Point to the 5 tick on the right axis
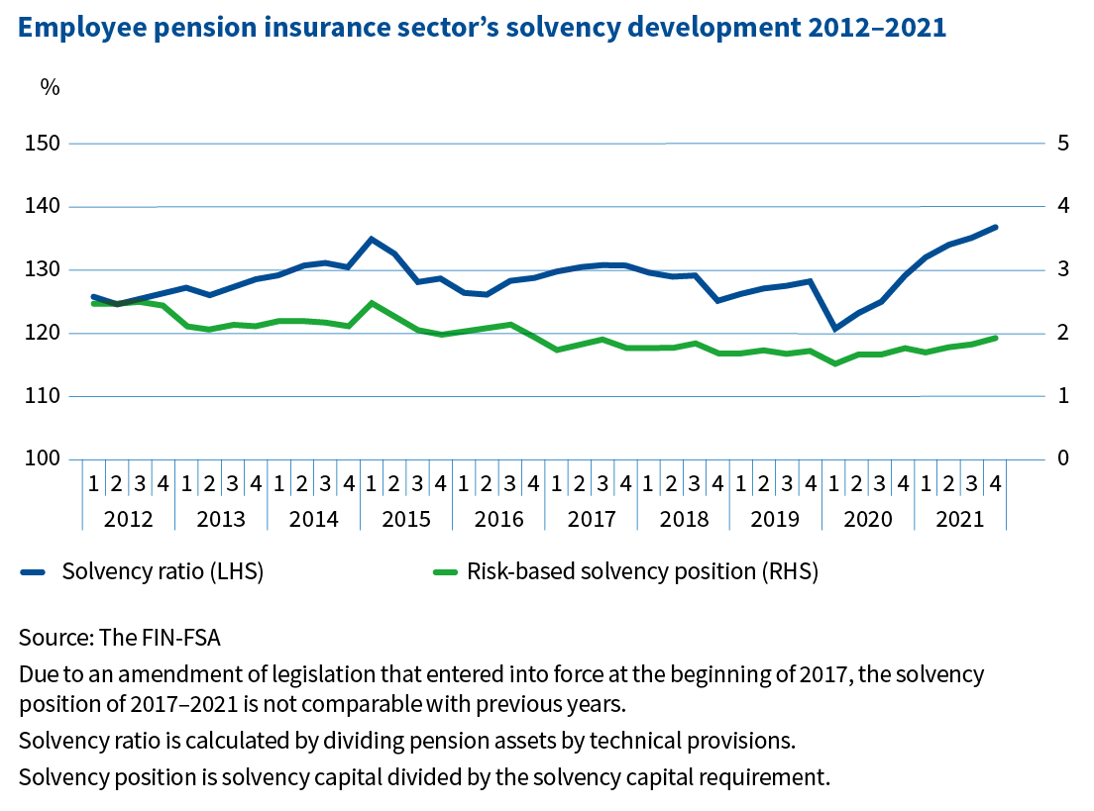pos(1063,144)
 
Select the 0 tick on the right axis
pos(1063,458)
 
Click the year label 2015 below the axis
pos(406,519)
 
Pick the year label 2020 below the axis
pos(868,519)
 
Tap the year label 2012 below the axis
pos(128,519)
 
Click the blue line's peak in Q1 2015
pos(372,239)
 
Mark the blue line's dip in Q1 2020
pos(834,328)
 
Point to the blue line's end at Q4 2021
pos(995,227)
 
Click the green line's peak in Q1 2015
pos(372,302)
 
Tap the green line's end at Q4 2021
pos(995,338)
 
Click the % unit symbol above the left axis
pos(50,87)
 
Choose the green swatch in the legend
pos(446,571)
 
